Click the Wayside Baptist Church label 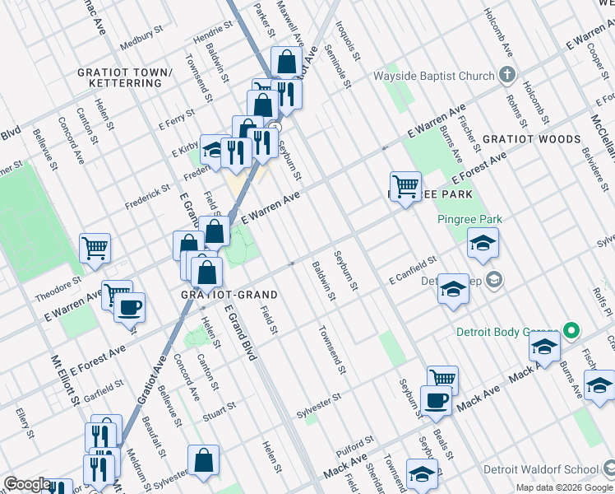point(434,76)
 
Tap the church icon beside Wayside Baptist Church point(507,75)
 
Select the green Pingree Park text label point(469,220)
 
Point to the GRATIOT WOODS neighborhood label point(531,139)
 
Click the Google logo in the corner point(27,484)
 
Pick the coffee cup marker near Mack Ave point(436,400)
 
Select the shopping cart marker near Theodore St point(95,246)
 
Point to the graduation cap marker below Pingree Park point(483,242)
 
